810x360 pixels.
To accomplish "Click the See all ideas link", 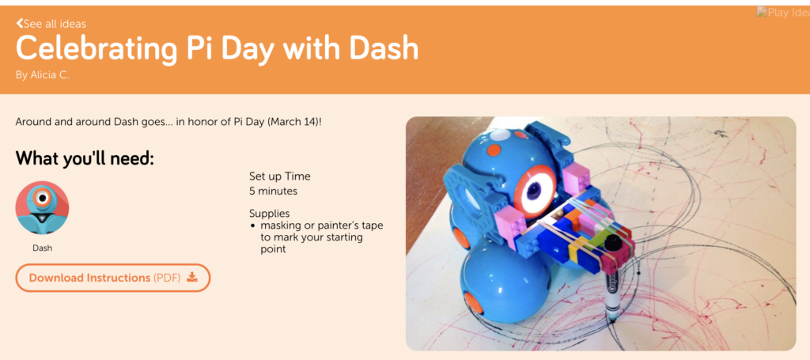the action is point(51,24).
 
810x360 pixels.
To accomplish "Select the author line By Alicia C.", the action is point(43,75).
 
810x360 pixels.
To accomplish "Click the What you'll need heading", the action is point(85,158).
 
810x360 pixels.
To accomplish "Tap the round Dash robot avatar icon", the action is point(43,207).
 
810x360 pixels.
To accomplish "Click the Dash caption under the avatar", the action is point(43,248).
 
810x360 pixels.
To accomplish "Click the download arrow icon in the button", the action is point(192,278).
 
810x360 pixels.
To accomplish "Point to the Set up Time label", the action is point(280,176).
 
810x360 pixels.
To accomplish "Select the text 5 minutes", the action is point(273,191).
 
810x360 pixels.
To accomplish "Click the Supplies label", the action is point(270,214).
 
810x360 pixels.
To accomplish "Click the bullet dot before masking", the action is point(253,226).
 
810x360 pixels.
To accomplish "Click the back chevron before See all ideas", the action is point(20,23).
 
